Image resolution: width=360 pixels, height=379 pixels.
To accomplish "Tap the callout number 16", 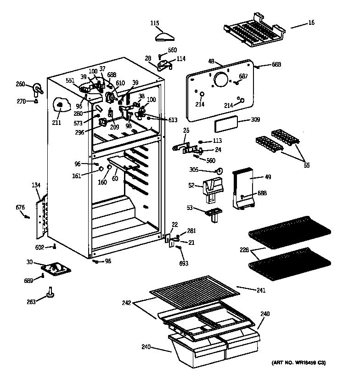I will (x=311, y=22).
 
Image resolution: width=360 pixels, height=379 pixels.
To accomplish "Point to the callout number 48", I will (x=212, y=62).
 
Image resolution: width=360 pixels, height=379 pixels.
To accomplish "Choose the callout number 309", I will (x=255, y=120).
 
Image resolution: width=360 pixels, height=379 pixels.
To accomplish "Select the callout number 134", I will (x=36, y=185).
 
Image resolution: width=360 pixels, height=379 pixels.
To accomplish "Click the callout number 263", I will (x=31, y=302).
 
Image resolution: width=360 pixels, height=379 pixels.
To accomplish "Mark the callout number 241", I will (x=261, y=290).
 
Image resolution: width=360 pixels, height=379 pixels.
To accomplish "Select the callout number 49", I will (x=267, y=176).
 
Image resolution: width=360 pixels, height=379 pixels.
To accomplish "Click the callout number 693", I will (x=184, y=264).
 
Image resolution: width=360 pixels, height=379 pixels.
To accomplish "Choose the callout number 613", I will (x=173, y=120).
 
